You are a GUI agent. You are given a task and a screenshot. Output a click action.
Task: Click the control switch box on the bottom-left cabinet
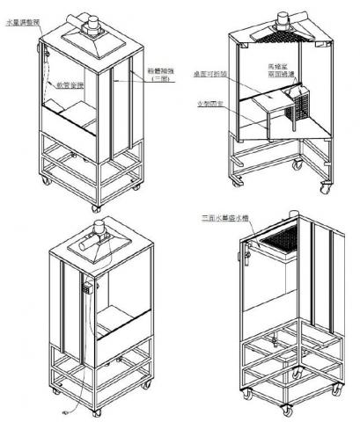(90, 286)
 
